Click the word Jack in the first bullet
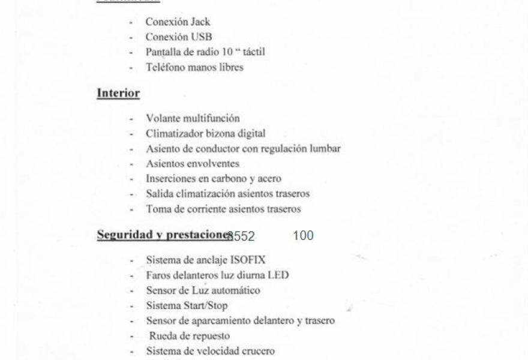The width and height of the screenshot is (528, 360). tap(200, 22)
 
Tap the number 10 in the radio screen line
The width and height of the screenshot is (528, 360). tap(227, 52)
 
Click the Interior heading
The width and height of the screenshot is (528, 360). tap(118, 94)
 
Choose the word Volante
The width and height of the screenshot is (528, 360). tap(163, 118)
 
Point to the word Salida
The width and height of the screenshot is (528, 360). tap(159, 194)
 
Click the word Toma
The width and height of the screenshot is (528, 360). tap(158, 209)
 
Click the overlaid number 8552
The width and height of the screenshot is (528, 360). tap(241, 236)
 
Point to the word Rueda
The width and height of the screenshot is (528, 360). tap(163, 336)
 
